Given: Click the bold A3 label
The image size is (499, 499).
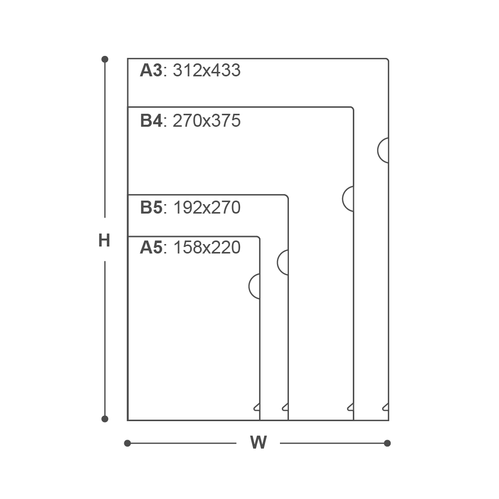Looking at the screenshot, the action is (x=151, y=70).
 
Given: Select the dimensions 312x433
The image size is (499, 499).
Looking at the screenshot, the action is (x=207, y=70).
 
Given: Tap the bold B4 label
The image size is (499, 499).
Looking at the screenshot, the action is (x=151, y=121).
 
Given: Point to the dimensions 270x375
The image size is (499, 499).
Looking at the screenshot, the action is (x=207, y=121).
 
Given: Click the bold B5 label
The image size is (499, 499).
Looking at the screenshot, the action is (x=151, y=208).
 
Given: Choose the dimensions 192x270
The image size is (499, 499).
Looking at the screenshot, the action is (x=207, y=208).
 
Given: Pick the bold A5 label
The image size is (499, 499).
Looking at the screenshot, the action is (x=151, y=248).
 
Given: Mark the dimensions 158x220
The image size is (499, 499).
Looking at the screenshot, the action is (x=207, y=248).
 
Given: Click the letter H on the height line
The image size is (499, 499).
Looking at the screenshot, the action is (x=104, y=241).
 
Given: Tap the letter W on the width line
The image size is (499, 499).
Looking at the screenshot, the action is (x=258, y=442).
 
